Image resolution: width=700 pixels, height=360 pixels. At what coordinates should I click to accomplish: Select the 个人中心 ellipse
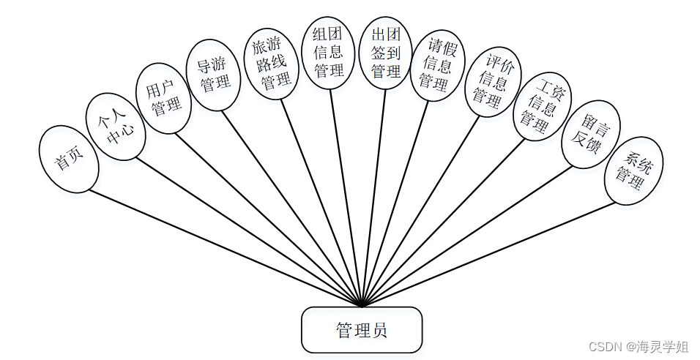coord(116,126)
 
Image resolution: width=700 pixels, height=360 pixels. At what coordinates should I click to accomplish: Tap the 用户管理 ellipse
coord(164,100)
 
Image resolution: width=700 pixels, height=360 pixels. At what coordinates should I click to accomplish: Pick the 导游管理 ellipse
coord(214,75)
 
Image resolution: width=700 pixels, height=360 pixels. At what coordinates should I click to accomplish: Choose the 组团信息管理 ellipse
coord(328,52)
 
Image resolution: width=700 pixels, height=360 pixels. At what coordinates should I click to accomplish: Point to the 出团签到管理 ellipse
coord(387,53)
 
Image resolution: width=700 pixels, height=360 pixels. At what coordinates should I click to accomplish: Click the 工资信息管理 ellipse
coord(541,105)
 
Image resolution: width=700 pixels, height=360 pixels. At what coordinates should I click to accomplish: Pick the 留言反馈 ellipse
coord(589,135)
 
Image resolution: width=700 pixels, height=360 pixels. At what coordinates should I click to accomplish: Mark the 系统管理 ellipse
coord(633,168)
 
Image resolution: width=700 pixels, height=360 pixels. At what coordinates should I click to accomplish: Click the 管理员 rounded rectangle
coord(362,329)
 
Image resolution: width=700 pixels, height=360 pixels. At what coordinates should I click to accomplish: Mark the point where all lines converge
coord(362,306)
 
